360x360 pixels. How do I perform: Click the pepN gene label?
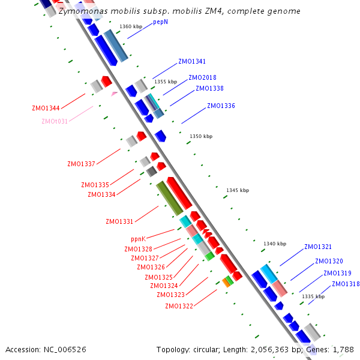(x=160, y=22)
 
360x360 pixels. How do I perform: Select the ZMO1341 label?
(x=192, y=62)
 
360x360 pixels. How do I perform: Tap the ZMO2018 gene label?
(x=202, y=77)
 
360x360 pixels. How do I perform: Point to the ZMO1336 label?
(x=221, y=106)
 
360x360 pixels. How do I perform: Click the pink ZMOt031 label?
(x=55, y=121)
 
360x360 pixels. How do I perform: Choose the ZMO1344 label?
(x=46, y=109)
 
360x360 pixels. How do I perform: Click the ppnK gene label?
(x=139, y=239)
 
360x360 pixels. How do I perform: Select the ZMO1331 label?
(x=119, y=222)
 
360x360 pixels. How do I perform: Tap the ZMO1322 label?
(x=179, y=306)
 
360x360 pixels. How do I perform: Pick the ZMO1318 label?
(x=346, y=284)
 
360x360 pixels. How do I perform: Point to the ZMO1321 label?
(x=318, y=247)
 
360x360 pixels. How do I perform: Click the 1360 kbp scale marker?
(x=131, y=27)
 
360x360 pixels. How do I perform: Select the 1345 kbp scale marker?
(x=237, y=190)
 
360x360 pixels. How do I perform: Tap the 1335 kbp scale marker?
(x=313, y=296)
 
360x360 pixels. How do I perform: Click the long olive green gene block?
(x=170, y=198)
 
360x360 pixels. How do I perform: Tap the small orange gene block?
(x=226, y=282)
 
